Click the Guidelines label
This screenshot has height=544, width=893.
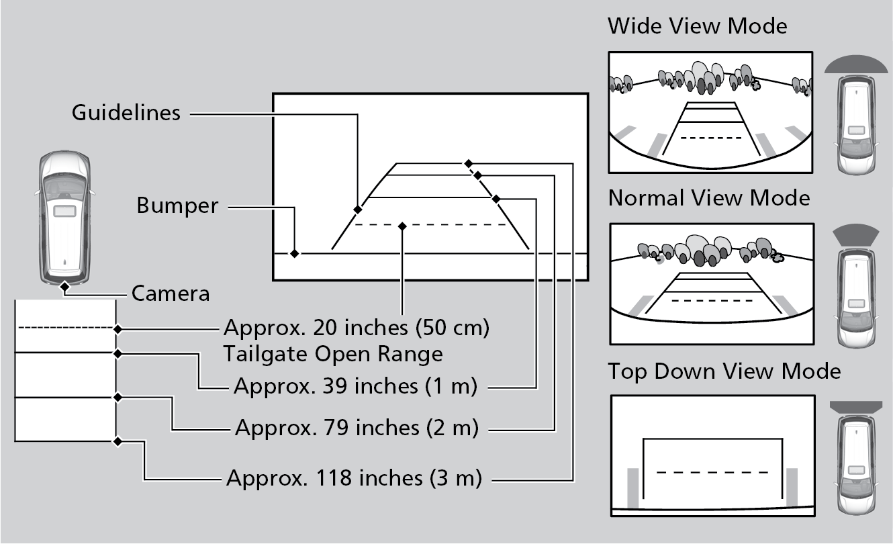coord(126,112)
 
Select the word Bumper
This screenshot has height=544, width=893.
coord(177,206)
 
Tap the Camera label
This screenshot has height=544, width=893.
coord(171,293)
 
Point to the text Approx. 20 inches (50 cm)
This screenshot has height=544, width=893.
coord(357,328)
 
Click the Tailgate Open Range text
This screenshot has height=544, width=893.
coord(334,353)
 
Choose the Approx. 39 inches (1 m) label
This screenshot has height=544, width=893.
coord(355,387)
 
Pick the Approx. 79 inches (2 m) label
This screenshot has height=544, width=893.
coord(357,427)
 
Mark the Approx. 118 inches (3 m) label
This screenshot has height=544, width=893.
coord(355,478)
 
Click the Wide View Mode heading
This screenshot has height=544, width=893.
coord(697,26)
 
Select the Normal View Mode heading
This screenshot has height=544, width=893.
coord(709,198)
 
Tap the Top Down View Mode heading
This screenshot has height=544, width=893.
coord(724,371)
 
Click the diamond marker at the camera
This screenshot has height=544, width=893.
coord(64,287)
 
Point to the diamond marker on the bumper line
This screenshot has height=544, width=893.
coord(294,253)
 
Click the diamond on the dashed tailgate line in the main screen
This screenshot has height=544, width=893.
coord(402,226)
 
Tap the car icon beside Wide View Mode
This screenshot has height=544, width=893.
coord(855,124)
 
